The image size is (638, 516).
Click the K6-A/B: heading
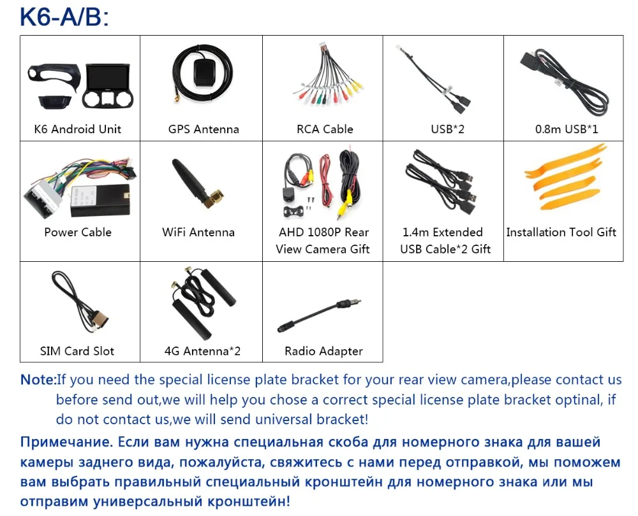[64, 17]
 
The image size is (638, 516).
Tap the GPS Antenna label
[204, 129]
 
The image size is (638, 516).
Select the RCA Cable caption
[325, 129]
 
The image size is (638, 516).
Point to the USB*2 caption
[448, 129]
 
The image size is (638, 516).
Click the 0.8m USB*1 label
[567, 129]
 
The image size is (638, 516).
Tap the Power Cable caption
[78, 233]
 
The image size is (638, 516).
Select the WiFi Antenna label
[198, 233]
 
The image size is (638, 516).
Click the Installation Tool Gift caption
[561, 233]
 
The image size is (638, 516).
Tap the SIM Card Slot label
[77, 351]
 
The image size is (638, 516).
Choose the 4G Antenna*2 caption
[202, 351]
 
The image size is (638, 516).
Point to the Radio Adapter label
[323, 351]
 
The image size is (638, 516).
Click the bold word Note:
[38, 380]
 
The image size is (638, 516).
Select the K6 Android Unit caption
[78, 129]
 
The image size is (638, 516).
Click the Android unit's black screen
[108, 78]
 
